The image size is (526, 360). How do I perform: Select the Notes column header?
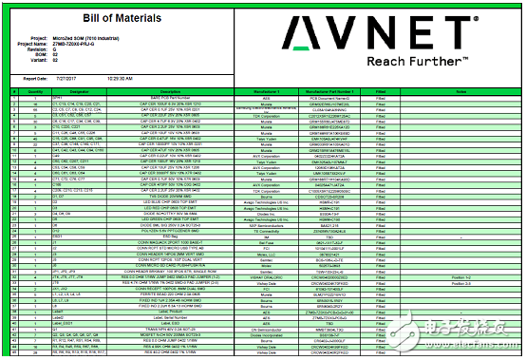[x=460, y=91]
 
